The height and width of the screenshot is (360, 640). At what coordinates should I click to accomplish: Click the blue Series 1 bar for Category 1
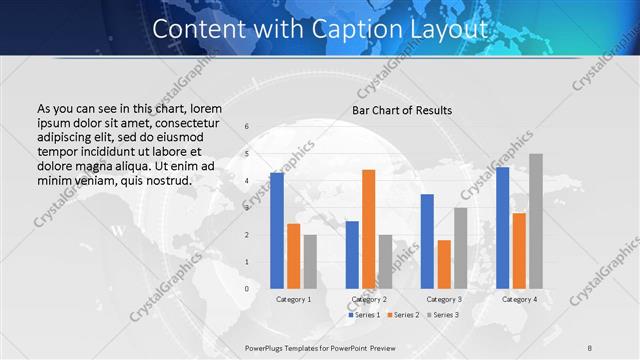(x=277, y=231)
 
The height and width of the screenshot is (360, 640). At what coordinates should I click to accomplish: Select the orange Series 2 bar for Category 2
(x=369, y=229)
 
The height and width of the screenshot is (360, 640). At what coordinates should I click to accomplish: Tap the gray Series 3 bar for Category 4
(x=537, y=221)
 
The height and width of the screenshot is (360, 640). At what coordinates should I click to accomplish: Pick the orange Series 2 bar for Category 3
(x=444, y=264)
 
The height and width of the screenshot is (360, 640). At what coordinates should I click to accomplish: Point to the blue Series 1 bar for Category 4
(x=503, y=228)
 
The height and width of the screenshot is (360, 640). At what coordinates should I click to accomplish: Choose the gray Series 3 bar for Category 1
(x=310, y=262)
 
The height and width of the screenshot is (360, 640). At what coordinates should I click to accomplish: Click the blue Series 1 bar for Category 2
(x=352, y=255)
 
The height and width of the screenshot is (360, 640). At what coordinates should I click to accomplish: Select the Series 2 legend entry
(x=402, y=315)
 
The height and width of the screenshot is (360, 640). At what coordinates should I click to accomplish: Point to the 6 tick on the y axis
(x=247, y=127)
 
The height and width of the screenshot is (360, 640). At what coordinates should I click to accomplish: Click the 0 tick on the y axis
(x=247, y=289)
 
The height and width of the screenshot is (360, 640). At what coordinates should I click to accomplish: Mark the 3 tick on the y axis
(x=247, y=208)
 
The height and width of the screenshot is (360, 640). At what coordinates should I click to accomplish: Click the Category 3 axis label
(x=444, y=299)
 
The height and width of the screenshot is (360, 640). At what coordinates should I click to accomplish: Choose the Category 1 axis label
(x=293, y=299)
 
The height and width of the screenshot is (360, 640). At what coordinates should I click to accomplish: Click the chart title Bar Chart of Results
(x=402, y=109)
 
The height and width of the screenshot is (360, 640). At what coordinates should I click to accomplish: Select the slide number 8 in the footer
(x=589, y=347)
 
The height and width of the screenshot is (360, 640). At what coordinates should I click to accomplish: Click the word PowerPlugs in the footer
(x=267, y=347)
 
